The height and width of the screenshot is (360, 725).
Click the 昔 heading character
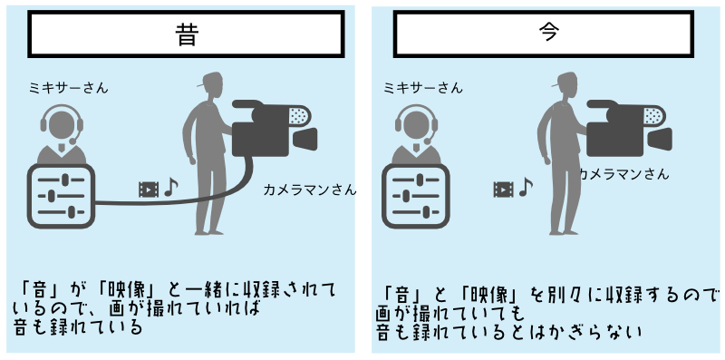187,34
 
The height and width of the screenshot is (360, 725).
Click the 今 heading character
549,32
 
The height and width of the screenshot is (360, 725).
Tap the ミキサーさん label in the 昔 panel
69,88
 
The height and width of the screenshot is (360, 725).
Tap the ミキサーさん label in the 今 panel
423,88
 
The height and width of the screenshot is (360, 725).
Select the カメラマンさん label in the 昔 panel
310,190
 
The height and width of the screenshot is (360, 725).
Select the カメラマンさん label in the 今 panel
623,174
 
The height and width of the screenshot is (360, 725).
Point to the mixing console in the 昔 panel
61,196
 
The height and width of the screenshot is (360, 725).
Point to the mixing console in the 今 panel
416,196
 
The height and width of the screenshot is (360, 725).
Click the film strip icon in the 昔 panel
149,190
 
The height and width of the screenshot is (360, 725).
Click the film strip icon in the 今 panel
504,190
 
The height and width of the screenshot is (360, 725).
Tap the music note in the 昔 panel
171,188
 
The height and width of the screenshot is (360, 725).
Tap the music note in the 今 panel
526,188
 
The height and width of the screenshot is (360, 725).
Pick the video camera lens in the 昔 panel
305,140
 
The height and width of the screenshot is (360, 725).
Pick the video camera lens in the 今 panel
660,140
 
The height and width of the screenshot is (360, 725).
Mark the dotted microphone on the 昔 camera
299,115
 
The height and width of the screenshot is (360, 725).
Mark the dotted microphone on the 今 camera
654,115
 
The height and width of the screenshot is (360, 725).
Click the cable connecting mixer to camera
185,199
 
